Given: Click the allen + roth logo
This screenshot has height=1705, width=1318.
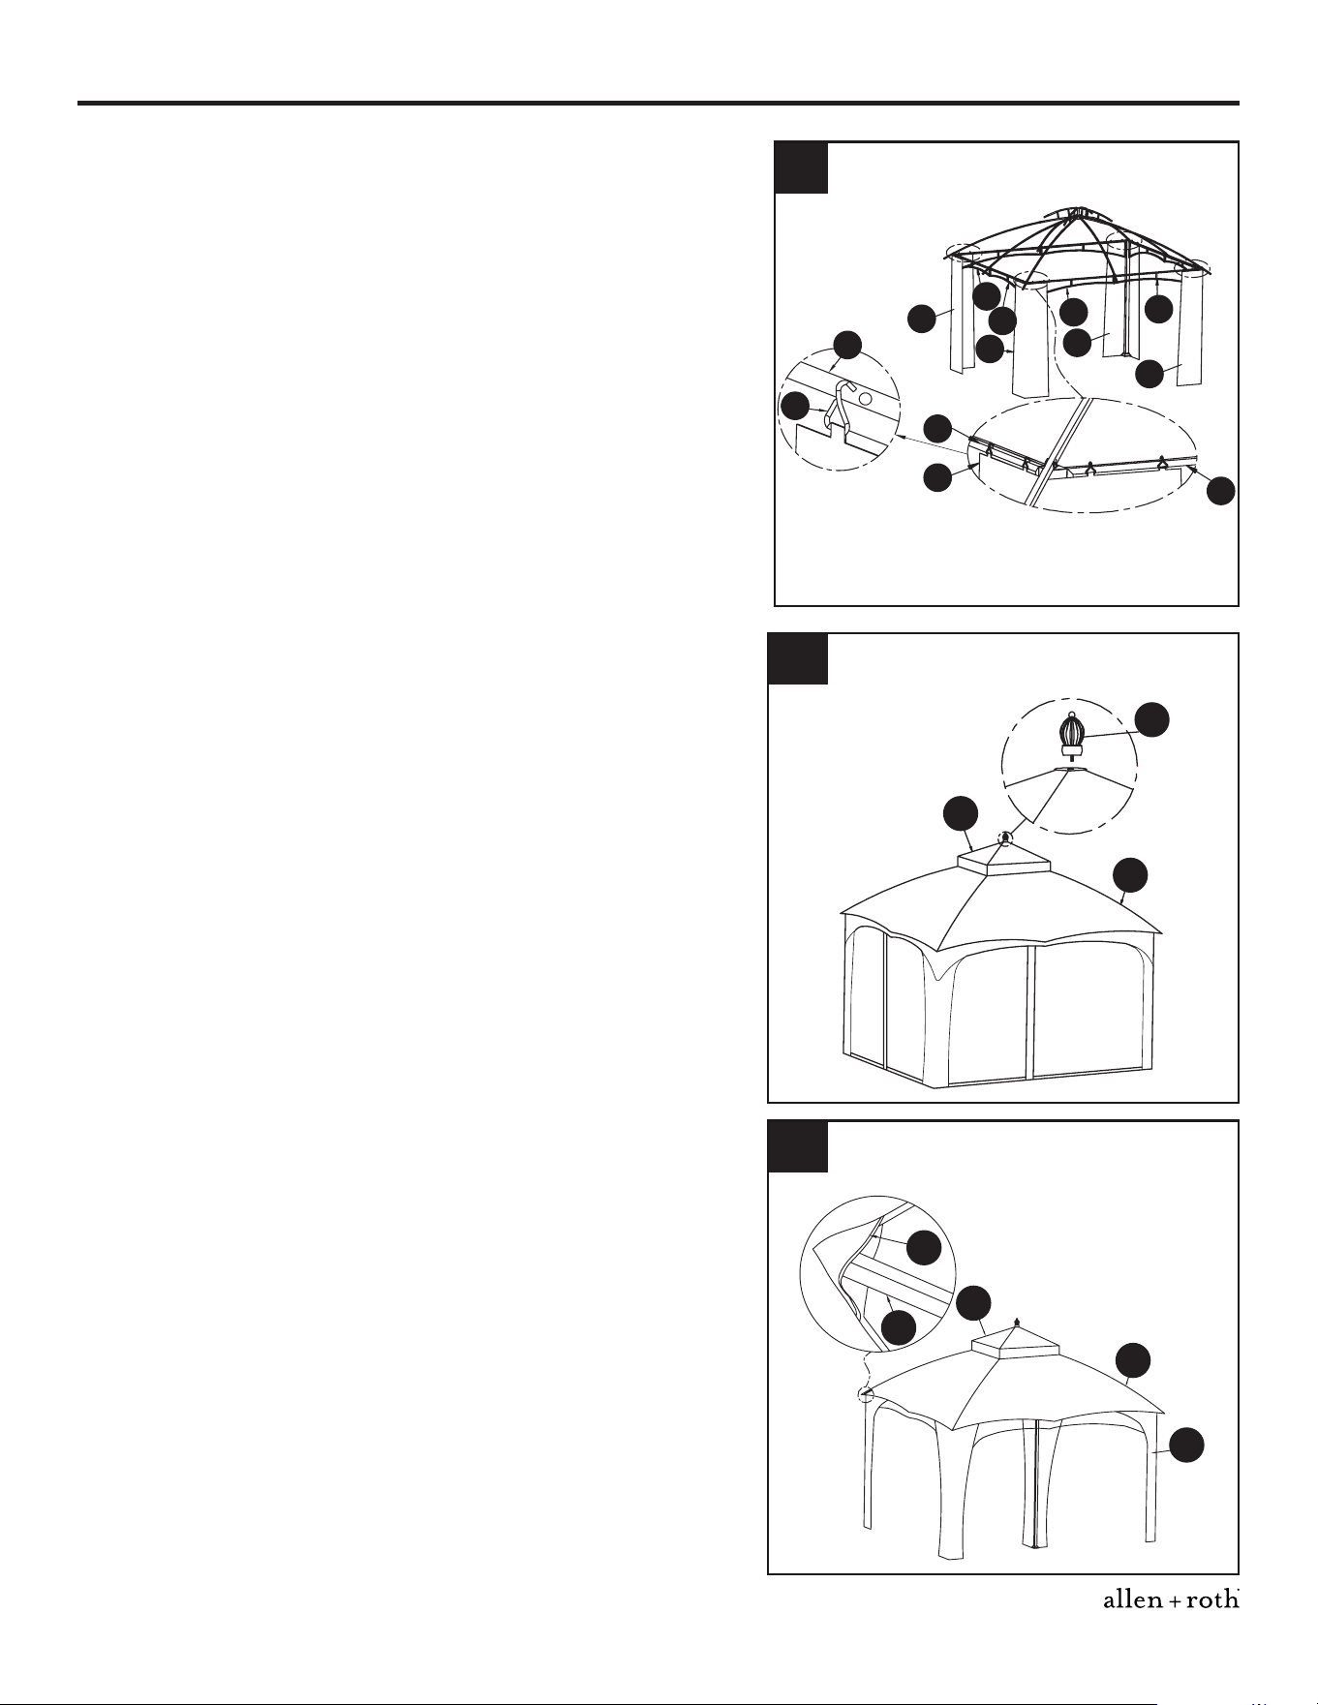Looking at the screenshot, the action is (x=1171, y=1600).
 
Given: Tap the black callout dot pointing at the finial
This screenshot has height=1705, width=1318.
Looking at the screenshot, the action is (x=1151, y=719).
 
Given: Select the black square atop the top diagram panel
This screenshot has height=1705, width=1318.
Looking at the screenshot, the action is (x=801, y=167).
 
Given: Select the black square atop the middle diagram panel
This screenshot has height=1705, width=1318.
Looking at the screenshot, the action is (x=798, y=658).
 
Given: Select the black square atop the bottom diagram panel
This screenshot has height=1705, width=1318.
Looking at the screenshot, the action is (x=798, y=1146).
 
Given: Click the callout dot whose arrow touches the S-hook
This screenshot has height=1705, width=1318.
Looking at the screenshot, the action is (x=795, y=407).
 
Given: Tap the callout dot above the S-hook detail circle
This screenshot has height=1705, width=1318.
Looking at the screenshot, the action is (x=847, y=345).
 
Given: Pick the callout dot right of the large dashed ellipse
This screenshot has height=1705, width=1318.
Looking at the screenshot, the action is (x=1222, y=490).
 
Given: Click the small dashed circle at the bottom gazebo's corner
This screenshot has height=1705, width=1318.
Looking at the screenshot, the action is (x=866, y=1394).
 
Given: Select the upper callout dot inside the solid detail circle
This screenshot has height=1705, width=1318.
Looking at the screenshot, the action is (x=924, y=1247).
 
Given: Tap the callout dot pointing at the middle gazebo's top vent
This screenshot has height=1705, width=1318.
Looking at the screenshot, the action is (x=961, y=813).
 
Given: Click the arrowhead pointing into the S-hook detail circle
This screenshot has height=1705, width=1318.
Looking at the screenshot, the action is (x=901, y=437).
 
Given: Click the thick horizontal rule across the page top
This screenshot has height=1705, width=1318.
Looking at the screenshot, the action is (x=659, y=103).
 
